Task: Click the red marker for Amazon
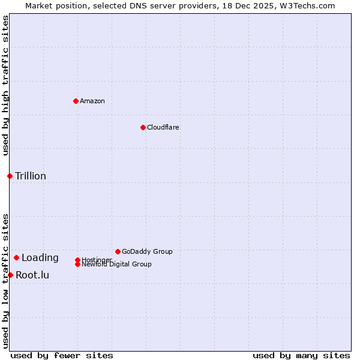(76, 101)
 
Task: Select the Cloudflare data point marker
(143, 127)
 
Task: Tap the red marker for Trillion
(10, 176)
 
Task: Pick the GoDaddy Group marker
(118, 251)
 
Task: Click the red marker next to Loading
(16, 257)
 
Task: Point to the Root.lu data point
(10, 275)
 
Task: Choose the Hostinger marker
(77, 260)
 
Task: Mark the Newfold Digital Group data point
(77, 264)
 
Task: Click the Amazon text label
(92, 101)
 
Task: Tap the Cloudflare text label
(163, 127)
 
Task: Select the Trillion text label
(31, 176)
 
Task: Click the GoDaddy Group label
(147, 251)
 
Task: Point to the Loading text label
(40, 258)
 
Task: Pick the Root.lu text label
(32, 275)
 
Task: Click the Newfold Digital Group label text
(116, 265)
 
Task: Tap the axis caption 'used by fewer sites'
(62, 355)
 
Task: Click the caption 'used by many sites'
(301, 355)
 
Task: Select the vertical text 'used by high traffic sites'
(5, 85)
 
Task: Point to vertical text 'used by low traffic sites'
(5, 280)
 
